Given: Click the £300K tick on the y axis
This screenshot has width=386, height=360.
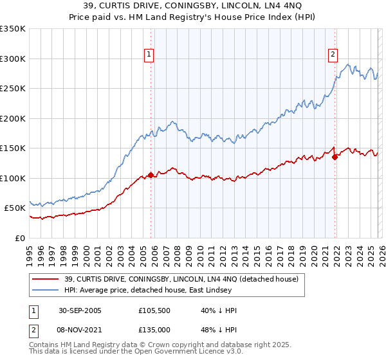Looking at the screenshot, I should click(13, 59).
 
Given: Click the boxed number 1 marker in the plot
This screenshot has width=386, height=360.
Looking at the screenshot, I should click(149, 55).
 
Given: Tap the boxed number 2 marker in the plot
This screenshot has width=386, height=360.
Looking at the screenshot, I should click(333, 55).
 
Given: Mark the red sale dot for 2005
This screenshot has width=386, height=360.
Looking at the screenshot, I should click(151, 175).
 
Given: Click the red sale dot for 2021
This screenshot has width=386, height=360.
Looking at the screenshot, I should click(335, 157).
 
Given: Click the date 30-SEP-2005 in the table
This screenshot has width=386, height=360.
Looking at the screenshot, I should click(80, 310).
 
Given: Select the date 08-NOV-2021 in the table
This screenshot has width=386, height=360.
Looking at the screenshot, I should click(80, 329).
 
